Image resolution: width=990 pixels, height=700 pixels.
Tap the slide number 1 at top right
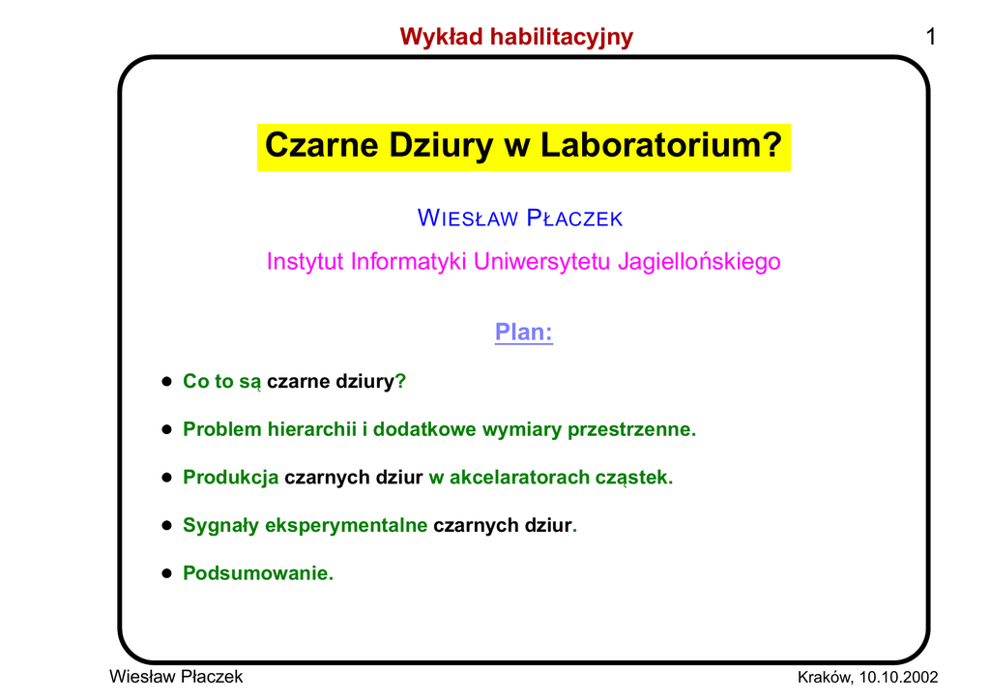click(930, 37)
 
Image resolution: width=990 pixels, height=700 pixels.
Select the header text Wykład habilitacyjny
click(516, 38)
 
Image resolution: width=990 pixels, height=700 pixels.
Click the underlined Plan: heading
click(523, 332)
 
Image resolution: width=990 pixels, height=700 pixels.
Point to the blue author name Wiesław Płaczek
click(519, 218)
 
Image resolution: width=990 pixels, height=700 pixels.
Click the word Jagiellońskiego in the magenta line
click(699, 262)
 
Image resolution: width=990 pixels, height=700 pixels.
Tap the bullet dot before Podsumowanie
click(166, 573)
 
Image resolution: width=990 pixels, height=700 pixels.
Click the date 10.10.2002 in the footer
click(898, 677)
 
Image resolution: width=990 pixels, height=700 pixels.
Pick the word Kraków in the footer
click(824, 677)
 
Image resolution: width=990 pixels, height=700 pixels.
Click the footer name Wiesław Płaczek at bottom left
click(176, 677)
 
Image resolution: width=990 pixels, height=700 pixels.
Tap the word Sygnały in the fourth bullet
click(220, 526)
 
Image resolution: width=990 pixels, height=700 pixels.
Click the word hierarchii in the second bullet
click(312, 429)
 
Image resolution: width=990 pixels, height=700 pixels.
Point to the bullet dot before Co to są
click(166, 381)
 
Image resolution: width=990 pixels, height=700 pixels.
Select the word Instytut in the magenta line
click(305, 261)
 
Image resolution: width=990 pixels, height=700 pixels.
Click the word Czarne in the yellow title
click(321, 145)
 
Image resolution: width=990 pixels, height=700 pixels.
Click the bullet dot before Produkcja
click(166, 478)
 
